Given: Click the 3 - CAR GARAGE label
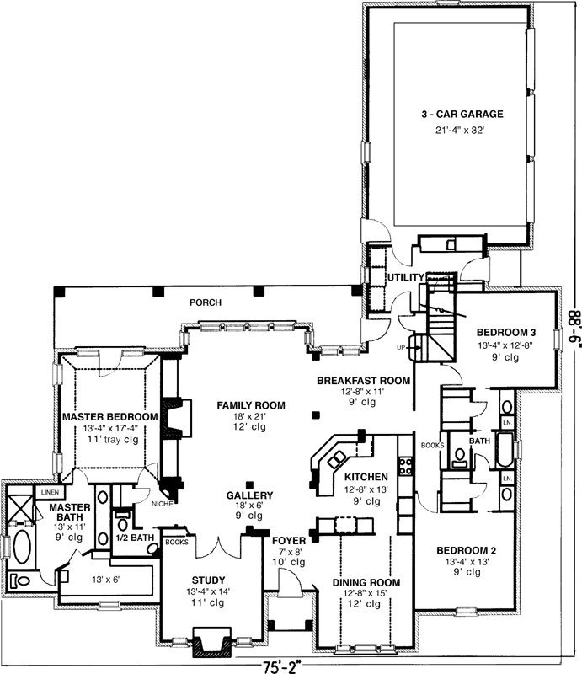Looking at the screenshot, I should pos(462,114).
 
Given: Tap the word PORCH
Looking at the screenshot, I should pos(205,302).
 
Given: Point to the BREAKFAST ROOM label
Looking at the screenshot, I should pos(363,381).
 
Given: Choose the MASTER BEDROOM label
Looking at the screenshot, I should pos(109,417).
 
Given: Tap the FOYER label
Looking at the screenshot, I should pos(288,541).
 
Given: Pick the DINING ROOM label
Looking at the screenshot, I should pos(366,582).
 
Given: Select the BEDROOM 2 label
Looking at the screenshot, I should pos(466,551).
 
